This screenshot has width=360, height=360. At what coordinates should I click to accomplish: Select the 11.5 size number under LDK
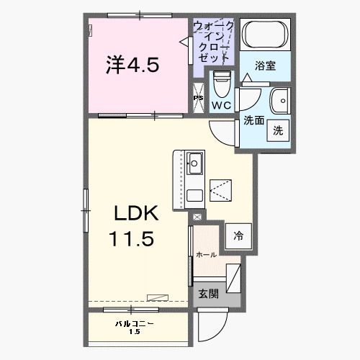tap(131, 238)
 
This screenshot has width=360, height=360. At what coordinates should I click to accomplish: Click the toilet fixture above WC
tap(222, 86)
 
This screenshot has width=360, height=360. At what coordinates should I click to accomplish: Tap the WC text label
tap(221, 105)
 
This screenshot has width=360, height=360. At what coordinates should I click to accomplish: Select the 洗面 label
tap(252, 120)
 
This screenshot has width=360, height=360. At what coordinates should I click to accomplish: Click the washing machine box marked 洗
tap(277, 130)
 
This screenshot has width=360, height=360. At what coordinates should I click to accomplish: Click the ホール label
tap(206, 255)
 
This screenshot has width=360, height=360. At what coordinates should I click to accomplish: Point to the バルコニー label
tap(134, 323)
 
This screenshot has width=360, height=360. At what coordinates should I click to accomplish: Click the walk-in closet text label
tap(213, 40)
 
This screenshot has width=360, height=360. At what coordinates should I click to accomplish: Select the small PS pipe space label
tap(198, 98)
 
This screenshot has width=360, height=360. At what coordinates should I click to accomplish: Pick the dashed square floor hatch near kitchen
tap(221, 189)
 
